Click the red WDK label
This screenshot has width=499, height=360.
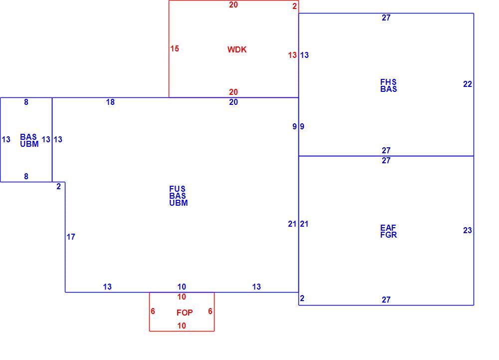pyautogui.click(x=237, y=49)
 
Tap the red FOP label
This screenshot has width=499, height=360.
pyautogui.click(x=185, y=313)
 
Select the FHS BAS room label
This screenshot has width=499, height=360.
pyautogui.click(x=389, y=85)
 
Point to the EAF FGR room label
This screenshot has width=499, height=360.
pyautogui.click(x=389, y=231)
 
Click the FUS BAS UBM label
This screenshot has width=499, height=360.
pyautogui.click(x=179, y=196)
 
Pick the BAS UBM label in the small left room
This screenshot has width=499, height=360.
pyautogui.click(x=29, y=140)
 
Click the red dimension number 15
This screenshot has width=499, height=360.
pyautogui.click(x=174, y=49)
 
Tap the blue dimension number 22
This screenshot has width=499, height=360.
pyautogui.click(x=468, y=84)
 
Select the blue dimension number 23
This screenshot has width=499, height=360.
pyautogui.click(x=468, y=230)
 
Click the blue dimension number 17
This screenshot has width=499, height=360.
pyautogui.click(x=71, y=237)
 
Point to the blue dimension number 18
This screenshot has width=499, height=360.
pyautogui.click(x=110, y=102)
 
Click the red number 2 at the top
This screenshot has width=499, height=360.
pyautogui.click(x=295, y=6)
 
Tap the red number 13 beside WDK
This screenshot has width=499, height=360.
pyautogui.click(x=292, y=55)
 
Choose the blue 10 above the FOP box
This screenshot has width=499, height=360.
pyautogui.click(x=182, y=287)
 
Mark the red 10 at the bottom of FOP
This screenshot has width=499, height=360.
pyautogui.click(x=182, y=326)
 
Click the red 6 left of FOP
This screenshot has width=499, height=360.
pyautogui.click(x=153, y=311)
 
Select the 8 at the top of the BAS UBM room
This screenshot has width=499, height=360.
pyautogui.click(x=26, y=102)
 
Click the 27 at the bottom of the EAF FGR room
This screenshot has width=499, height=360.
pyautogui.click(x=386, y=300)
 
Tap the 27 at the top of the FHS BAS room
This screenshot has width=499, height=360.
pyautogui.click(x=386, y=18)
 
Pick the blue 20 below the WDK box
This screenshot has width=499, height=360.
pyautogui.click(x=233, y=102)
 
